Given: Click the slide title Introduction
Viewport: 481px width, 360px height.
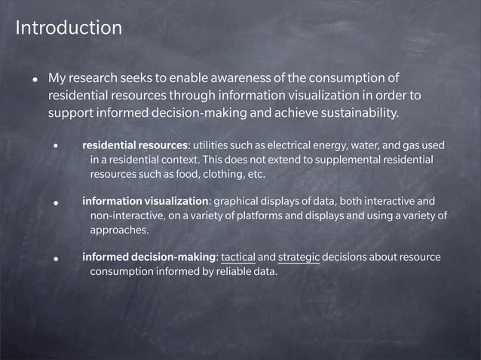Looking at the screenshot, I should pyautogui.click(x=69, y=29).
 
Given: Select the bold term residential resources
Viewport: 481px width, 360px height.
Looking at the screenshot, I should pyautogui.click(x=135, y=145).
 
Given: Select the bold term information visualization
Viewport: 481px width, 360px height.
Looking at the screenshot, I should pyautogui.click(x=145, y=201).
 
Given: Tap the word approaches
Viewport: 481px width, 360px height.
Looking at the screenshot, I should pyautogui.click(x=119, y=230).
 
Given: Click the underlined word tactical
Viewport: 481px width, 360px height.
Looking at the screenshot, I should pyautogui.click(x=238, y=258).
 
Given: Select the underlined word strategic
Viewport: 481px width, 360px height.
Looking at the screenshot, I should pyautogui.click(x=299, y=258).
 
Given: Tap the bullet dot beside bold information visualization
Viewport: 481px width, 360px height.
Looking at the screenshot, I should pyautogui.click(x=56, y=203).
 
